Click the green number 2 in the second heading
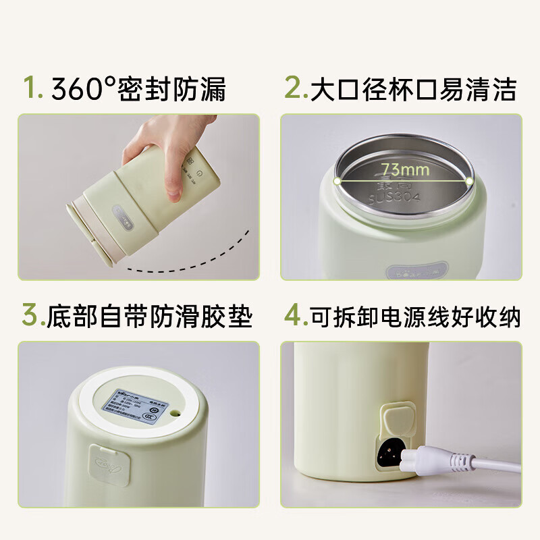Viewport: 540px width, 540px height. click(294, 88)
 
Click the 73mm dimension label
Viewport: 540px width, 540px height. click(403, 169)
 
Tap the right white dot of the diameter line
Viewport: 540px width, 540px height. click(469, 181)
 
